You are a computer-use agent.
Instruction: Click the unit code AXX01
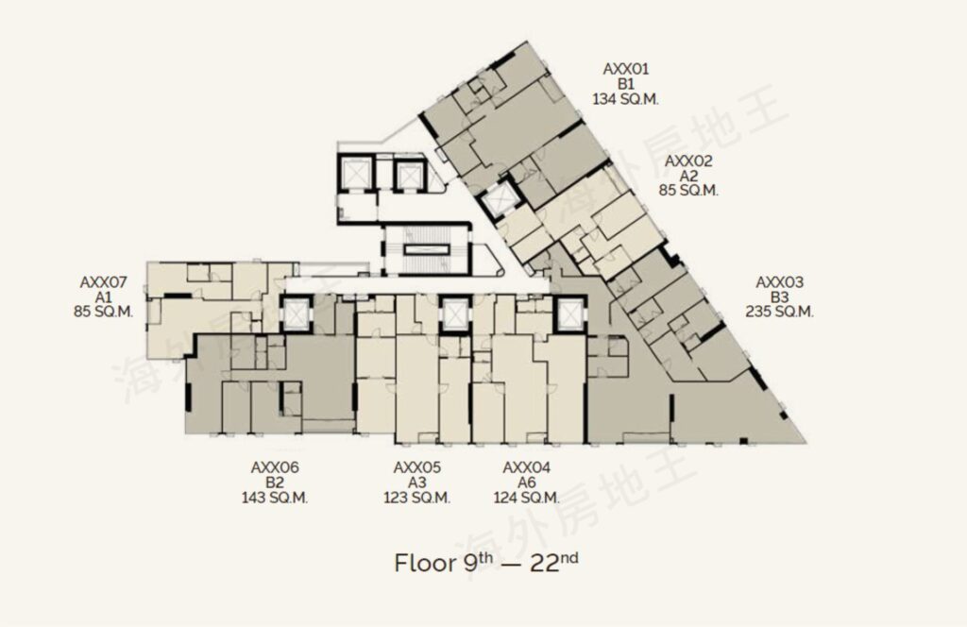pos(625,69)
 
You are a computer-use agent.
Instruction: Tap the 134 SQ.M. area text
pos(625,98)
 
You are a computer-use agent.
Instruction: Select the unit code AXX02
pos(688,161)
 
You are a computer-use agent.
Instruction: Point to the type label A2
pos(688,176)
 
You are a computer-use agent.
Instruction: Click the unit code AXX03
pos(779,282)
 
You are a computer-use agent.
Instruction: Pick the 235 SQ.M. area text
pos(779,312)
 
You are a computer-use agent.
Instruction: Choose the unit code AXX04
pos(527,468)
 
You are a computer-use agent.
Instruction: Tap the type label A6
pos(527,483)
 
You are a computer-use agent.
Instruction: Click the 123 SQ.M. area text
pos(416,498)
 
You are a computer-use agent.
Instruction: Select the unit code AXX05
pos(416,468)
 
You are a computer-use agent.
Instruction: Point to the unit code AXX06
pos(275,468)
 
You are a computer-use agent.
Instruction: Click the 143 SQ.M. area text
pos(275,498)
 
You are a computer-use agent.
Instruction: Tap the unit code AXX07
pos(103,282)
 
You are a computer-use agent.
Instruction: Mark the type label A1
pos(103,297)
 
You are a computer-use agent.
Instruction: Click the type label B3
pos(779,297)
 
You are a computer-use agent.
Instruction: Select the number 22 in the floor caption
pos(545,564)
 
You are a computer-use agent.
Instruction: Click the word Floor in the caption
pos(426,564)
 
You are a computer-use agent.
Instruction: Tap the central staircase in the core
pos(426,249)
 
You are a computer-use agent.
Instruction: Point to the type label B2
pos(275,483)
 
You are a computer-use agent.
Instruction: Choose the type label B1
pos(625,84)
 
